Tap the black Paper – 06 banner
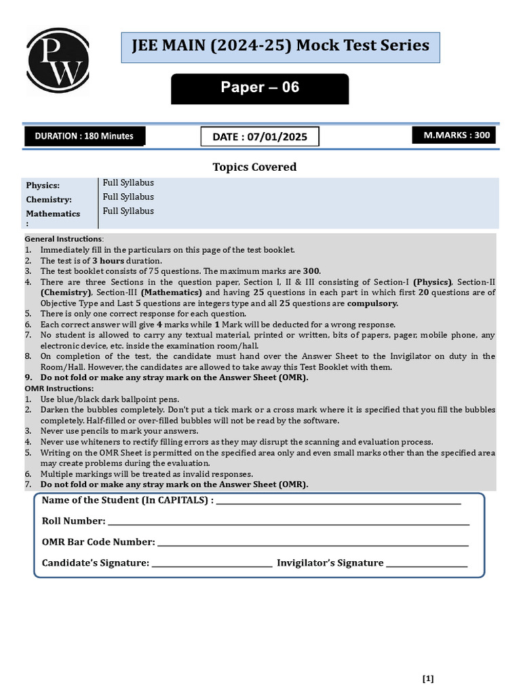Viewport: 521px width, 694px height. [260, 88]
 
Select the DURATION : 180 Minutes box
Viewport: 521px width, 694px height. [85, 136]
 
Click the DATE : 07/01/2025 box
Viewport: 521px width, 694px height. [260, 137]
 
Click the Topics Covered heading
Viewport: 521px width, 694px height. [254, 167]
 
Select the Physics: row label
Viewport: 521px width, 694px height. [43, 186]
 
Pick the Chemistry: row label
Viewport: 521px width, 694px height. [49, 200]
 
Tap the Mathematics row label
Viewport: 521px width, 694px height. [53, 213]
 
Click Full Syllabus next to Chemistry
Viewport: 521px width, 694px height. [128, 197]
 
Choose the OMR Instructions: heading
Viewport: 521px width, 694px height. [60, 388]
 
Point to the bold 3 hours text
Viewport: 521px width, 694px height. [108, 260]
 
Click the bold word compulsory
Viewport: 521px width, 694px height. [372, 304]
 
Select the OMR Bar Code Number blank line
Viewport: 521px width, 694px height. [313, 543]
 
